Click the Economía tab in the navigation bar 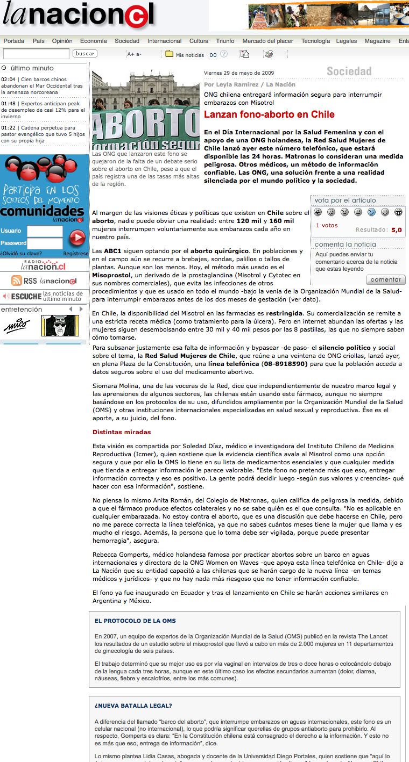click(93, 41)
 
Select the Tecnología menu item click(315, 41)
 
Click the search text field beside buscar click(36, 54)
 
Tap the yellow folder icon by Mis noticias click(169, 54)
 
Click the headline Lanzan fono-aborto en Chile click(269, 114)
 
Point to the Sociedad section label click(349, 71)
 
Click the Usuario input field click(45, 231)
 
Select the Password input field click(45, 243)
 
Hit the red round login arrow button click(77, 237)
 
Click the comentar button click(385, 279)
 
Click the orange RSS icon click(17, 281)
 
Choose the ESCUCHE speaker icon click(6, 296)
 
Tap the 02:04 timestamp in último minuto click(8, 79)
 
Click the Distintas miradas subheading click(122, 432)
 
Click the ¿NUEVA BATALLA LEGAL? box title click(133, 706)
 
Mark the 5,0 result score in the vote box click(396, 230)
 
